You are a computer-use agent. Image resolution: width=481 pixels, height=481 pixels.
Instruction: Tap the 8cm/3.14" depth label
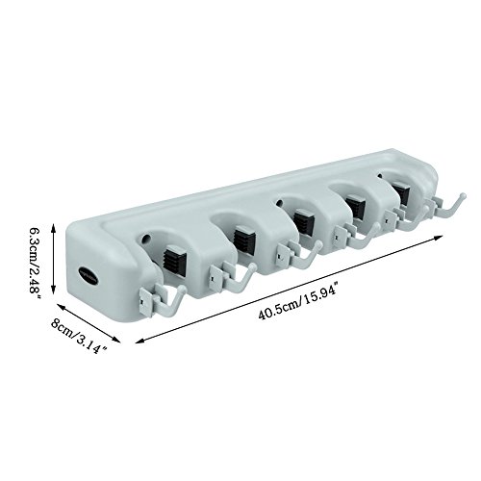click(x=79, y=336)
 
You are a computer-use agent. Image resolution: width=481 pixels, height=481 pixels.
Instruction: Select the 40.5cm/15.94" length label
click(x=298, y=301)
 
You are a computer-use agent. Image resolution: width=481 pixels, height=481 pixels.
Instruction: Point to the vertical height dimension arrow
click(x=54, y=259)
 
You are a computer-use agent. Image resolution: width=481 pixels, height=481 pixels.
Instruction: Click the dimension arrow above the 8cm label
click(x=89, y=323)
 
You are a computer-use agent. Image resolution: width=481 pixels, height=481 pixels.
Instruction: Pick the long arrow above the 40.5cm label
click(x=289, y=290)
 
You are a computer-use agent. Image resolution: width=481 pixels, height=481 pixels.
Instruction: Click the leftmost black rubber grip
click(x=174, y=259)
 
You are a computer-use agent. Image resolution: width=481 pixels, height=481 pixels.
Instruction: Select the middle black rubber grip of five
click(x=303, y=221)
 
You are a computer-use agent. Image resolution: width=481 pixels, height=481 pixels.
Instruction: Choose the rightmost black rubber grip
click(x=400, y=192)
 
